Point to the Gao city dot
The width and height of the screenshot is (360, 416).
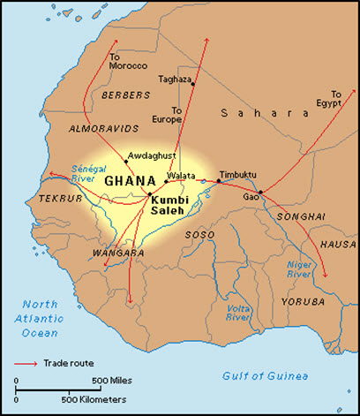(x=260, y=192)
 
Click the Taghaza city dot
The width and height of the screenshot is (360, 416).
(x=193, y=84)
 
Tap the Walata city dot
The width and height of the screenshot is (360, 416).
(x=165, y=182)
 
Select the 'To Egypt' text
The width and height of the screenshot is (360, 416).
(x=335, y=99)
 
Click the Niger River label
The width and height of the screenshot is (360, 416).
(x=301, y=269)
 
